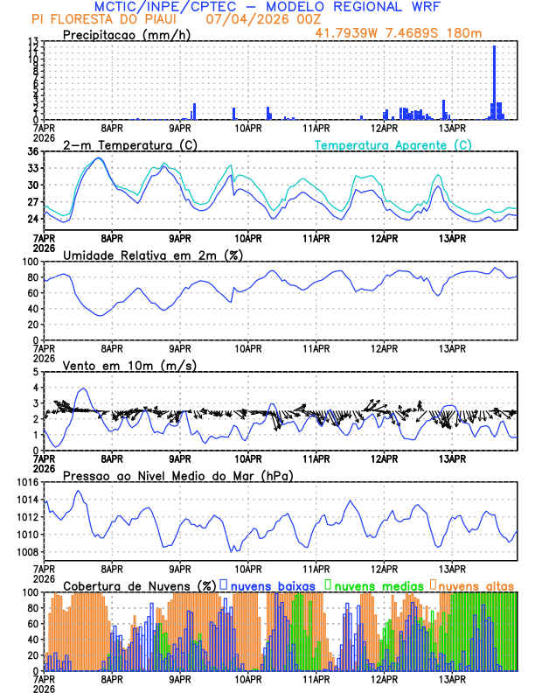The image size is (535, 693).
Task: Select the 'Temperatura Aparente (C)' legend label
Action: [x=393, y=144]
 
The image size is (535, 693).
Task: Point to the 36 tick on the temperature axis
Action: [x=32, y=151]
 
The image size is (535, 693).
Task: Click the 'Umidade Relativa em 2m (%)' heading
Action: [x=152, y=255]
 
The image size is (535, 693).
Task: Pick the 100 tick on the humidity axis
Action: [x=30, y=262]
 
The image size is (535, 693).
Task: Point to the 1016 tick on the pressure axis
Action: [x=27, y=482]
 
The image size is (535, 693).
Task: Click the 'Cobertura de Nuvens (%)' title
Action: [x=139, y=584]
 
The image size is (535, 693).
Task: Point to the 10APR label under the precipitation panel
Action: [x=248, y=129]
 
